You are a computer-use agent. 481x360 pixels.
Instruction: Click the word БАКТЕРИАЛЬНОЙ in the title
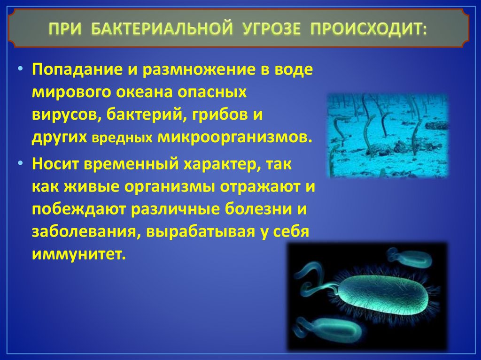162,29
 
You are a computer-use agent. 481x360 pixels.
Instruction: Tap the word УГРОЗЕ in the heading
272,29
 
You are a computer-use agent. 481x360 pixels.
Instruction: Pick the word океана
143,92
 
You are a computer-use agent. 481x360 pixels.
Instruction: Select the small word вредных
122,138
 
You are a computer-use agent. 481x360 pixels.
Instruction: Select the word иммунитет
79,254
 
